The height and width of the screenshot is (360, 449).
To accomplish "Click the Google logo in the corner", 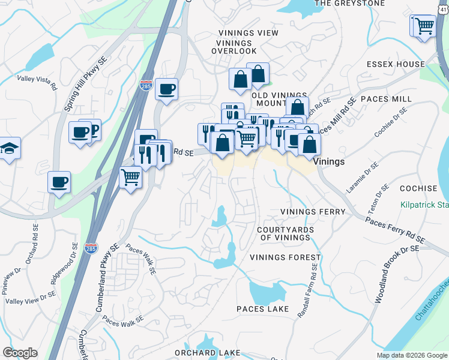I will point(20,353).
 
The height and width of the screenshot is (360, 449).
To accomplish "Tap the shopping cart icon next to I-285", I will point(131,178).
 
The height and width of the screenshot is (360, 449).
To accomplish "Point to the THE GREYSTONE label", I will point(349,3).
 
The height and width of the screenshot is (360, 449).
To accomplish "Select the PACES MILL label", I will point(386,98).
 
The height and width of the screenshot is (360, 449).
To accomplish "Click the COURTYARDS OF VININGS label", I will point(284,234).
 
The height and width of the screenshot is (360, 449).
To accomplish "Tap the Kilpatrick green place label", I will point(425,205).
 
